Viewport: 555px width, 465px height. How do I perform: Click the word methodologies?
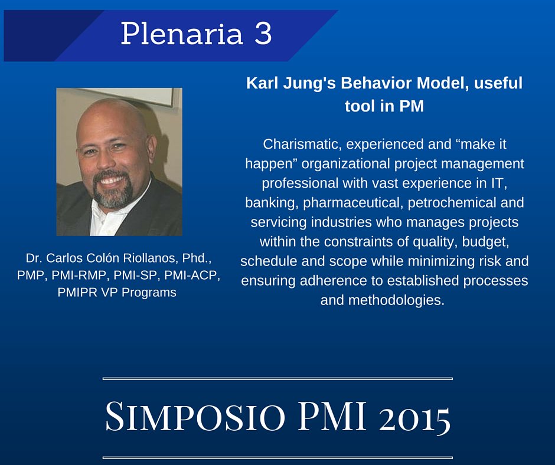[382, 300]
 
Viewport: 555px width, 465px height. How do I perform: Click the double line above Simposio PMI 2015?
[277, 378]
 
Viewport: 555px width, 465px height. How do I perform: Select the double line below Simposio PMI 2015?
[277, 457]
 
